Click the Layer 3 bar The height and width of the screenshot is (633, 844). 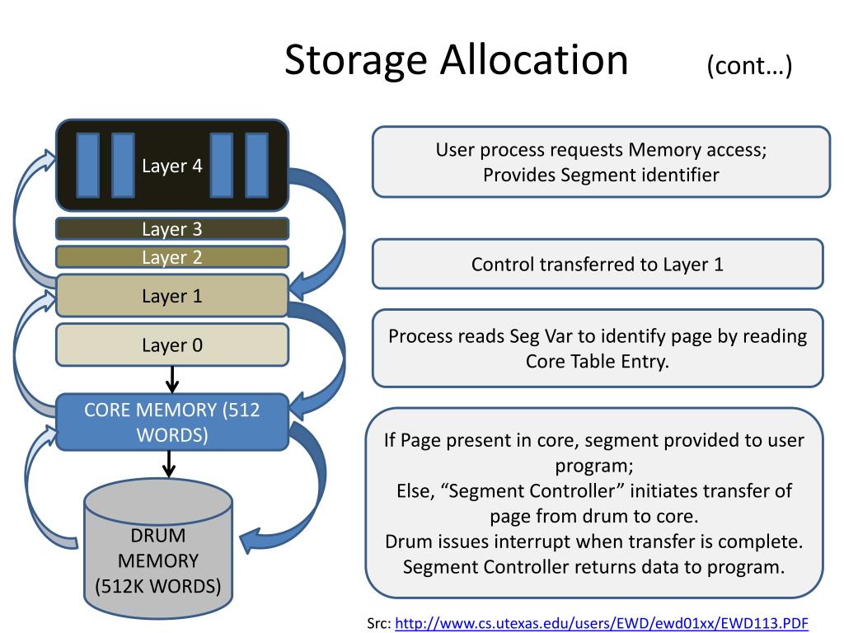tap(171, 228)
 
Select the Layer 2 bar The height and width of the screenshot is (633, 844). tap(171, 256)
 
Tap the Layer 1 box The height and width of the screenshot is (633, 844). tap(171, 295)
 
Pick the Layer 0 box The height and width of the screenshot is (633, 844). tap(171, 345)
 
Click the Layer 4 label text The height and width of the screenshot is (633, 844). tap(171, 166)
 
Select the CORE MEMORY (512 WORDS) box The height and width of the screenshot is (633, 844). tap(171, 421)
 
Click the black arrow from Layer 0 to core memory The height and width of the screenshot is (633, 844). tap(171, 379)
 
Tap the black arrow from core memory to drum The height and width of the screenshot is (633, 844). tap(169, 463)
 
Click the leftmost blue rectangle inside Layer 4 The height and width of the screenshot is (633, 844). tap(87, 165)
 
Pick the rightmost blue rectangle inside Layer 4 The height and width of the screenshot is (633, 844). tap(257, 165)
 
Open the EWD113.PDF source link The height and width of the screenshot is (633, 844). tap(602, 622)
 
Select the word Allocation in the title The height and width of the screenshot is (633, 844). tap(533, 60)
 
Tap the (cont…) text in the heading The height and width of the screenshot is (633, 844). tap(748, 66)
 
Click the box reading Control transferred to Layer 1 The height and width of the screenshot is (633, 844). tap(598, 264)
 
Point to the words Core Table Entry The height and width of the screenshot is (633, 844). tap(598, 361)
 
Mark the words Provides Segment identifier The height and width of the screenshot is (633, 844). tap(600, 175)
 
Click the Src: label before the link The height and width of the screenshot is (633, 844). tap(379, 623)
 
